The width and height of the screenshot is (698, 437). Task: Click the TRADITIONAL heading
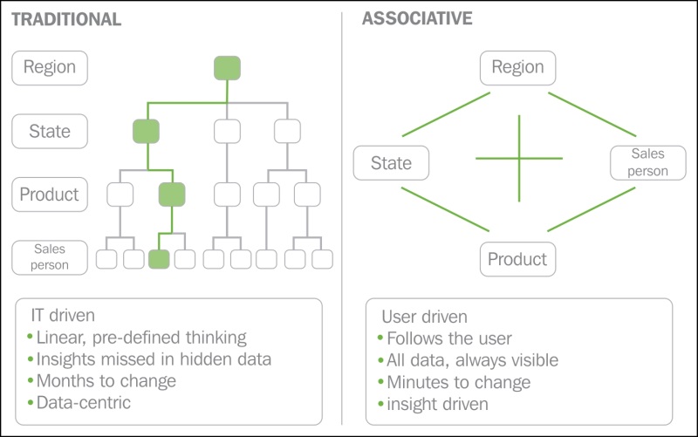pyautogui.click(x=66, y=19)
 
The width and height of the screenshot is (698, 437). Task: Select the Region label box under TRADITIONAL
pyautogui.click(x=50, y=67)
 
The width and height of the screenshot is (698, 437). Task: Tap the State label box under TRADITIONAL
pyautogui.click(x=50, y=132)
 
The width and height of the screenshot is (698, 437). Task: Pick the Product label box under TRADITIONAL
pyautogui.click(x=50, y=195)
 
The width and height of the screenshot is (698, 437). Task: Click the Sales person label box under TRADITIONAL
pyautogui.click(x=50, y=257)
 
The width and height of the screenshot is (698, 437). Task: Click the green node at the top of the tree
pyautogui.click(x=227, y=67)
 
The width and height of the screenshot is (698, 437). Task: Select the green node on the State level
pyautogui.click(x=146, y=132)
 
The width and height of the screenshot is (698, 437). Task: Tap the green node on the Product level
pyautogui.click(x=172, y=195)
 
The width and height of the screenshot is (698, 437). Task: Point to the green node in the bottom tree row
pyautogui.click(x=158, y=259)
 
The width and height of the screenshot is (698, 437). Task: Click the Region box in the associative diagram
pyautogui.click(x=518, y=67)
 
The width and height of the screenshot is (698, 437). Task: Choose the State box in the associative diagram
pyautogui.click(x=391, y=163)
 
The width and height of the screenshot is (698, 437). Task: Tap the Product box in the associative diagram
pyautogui.click(x=517, y=259)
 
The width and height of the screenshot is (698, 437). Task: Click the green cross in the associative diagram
pyautogui.click(x=519, y=158)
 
